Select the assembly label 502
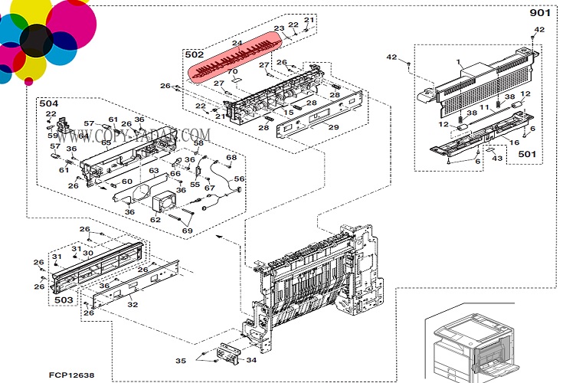[x=194, y=54]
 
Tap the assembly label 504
[x=48, y=103]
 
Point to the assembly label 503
[x=65, y=300]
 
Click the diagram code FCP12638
[x=73, y=375]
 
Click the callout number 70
[x=233, y=72]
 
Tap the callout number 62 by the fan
[x=155, y=220]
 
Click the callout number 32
[x=133, y=304]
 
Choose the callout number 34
[x=252, y=360]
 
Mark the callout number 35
[x=180, y=360]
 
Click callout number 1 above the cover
[x=458, y=61]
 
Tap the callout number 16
[x=514, y=142]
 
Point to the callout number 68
[x=231, y=158]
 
